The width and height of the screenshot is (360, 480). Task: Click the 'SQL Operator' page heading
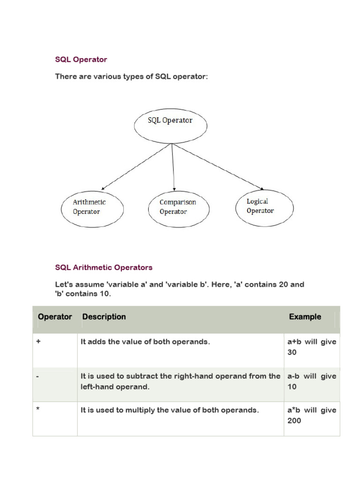tap(81, 60)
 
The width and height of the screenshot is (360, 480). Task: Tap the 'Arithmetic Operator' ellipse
tap(93, 207)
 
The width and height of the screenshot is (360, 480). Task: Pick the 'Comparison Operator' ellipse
tap(178, 207)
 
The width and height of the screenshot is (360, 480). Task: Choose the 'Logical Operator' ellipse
tap(263, 206)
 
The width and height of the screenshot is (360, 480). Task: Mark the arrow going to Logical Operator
tap(216, 165)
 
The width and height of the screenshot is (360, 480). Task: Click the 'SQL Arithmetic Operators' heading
tap(104, 268)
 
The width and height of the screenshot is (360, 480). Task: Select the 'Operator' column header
tap(55, 317)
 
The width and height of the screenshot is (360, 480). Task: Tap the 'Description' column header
tap(104, 317)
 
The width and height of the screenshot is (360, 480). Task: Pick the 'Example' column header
tap(305, 317)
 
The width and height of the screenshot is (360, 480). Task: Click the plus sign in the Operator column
tap(38, 342)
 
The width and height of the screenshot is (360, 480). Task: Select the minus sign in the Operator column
tap(37, 376)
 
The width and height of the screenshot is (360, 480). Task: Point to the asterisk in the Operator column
tap(38, 409)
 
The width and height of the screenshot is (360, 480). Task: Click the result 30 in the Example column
tap(292, 352)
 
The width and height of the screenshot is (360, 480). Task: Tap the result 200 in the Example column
tap(294, 420)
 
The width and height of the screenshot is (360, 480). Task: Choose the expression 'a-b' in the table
tap(293, 376)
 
